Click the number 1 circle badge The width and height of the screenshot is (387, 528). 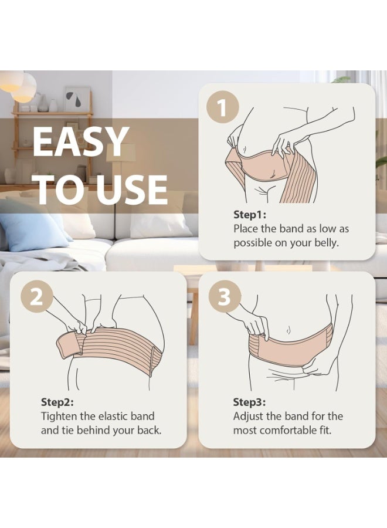(x=222, y=108)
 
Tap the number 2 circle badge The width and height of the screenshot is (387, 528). (x=37, y=297)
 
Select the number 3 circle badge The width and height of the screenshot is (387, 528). (x=225, y=297)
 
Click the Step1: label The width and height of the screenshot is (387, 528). (x=250, y=215)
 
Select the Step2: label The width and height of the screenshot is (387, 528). (x=57, y=402)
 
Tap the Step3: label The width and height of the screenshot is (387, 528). (x=249, y=402)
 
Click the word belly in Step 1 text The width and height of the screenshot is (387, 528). (x=326, y=243)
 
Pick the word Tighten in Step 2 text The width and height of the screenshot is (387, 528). (x=59, y=416)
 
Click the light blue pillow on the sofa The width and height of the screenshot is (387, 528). (x=32, y=231)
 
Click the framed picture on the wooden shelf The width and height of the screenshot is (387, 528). (x=77, y=99)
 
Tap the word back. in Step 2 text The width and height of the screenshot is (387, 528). (x=149, y=431)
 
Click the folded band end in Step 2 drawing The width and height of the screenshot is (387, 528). (x=69, y=344)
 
